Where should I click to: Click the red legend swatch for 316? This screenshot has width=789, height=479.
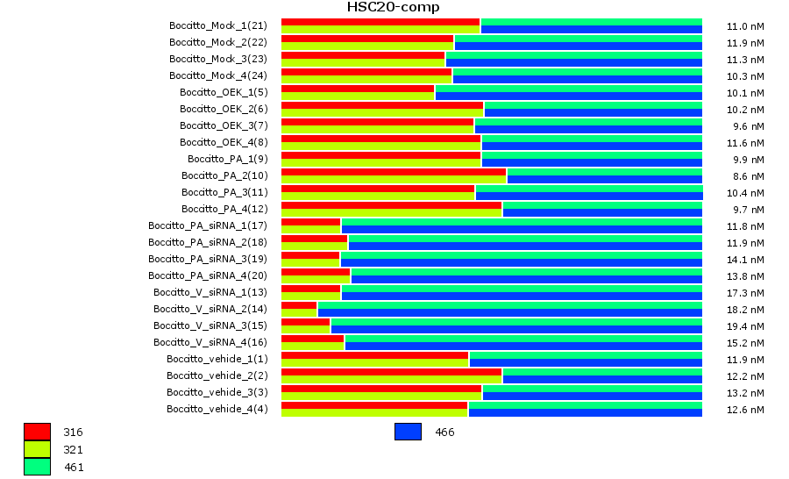click(x=37, y=432)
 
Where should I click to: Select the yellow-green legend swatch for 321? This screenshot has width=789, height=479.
click(x=37, y=449)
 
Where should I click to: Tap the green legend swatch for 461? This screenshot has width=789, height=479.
click(x=37, y=467)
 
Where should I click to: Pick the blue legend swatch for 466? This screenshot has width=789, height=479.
click(x=408, y=432)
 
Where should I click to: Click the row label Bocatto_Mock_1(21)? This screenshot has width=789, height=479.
click(x=217, y=25)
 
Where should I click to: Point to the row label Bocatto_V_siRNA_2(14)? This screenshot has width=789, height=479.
click(x=210, y=309)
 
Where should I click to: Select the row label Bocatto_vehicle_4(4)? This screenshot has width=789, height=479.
click(x=217, y=409)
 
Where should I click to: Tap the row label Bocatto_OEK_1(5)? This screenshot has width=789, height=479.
click(x=223, y=92)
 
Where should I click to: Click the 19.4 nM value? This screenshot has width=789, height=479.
click(x=746, y=325)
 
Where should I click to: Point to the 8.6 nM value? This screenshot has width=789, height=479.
click(x=748, y=175)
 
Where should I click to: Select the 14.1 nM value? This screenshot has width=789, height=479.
click(x=746, y=259)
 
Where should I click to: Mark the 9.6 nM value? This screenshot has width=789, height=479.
click(x=748, y=125)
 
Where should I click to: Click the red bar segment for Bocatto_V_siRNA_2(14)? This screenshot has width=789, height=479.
click(x=299, y=305)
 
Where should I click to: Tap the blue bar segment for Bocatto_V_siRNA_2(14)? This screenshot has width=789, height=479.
click(x=509, y=312)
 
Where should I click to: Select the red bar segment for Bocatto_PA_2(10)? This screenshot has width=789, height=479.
click(x=394, y=172)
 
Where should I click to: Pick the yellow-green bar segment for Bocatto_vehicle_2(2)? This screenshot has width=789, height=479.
click(x=391, y=380)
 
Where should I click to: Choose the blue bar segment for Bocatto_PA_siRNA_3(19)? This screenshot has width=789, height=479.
click(x=521, y=262)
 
